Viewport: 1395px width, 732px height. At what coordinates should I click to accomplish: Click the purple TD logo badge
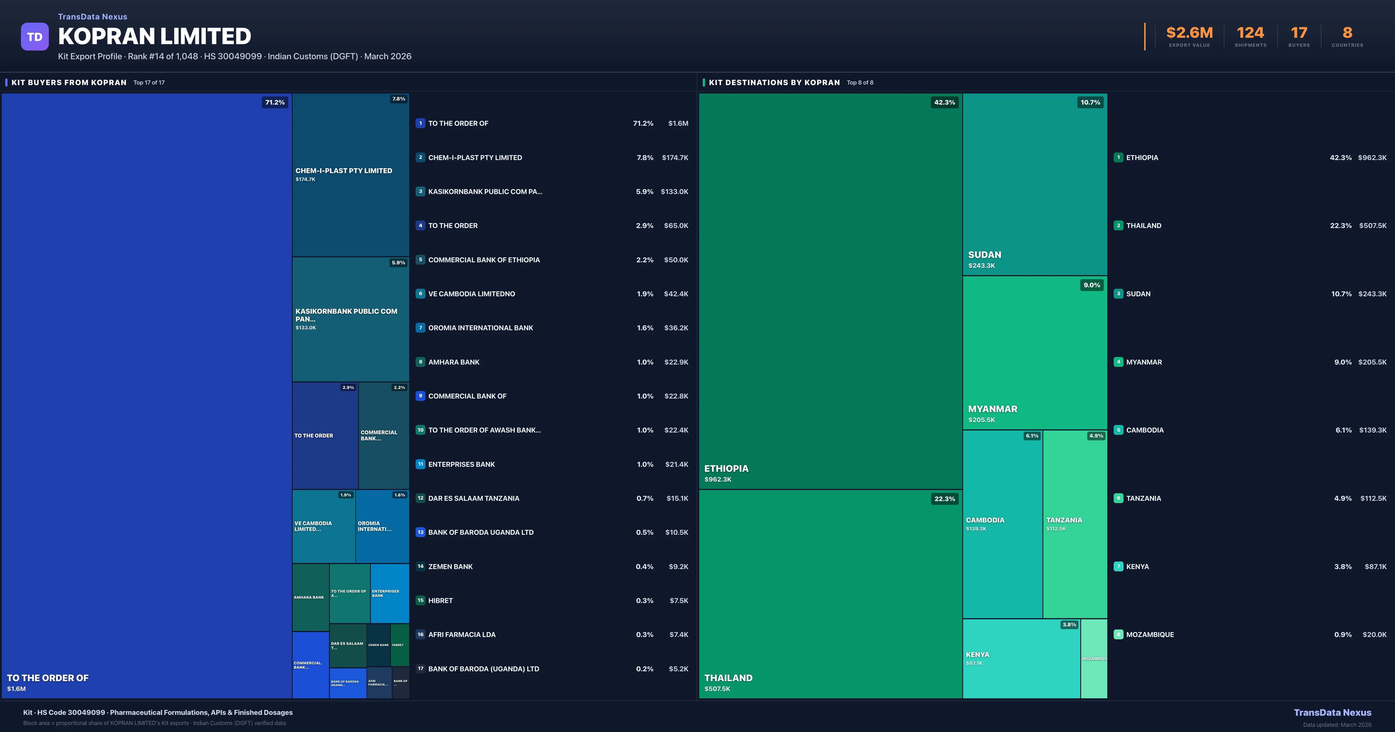tap(35, 37)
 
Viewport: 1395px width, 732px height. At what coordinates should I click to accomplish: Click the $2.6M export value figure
tap(1189, 33)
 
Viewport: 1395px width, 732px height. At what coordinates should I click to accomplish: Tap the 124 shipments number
tap(1250, 33)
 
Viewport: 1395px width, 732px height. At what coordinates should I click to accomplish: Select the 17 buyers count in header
tap(1299, 33)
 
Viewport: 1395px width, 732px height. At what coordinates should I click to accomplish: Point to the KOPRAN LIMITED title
tap(154, 36)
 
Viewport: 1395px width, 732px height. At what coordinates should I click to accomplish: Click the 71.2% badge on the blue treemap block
tap(275, 102)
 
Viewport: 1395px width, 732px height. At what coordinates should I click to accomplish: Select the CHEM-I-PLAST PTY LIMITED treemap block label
tap(343, 171)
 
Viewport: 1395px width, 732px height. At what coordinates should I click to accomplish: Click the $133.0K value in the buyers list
tap(674, 192)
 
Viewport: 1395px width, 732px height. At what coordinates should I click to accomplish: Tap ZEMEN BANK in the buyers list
tap(450, 566)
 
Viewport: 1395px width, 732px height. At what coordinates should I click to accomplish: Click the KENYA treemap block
tap(1021, 658)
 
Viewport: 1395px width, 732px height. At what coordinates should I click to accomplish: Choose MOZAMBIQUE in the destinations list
tap(1150, 634)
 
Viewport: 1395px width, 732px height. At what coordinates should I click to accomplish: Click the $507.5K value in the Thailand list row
tap(1372, 226)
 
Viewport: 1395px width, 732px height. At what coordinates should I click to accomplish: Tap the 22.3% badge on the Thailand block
tap(945, 499)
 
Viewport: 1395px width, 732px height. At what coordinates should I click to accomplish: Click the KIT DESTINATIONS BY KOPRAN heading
tap(774, 82)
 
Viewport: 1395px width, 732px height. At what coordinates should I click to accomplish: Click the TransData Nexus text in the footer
tap(1332, 713)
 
